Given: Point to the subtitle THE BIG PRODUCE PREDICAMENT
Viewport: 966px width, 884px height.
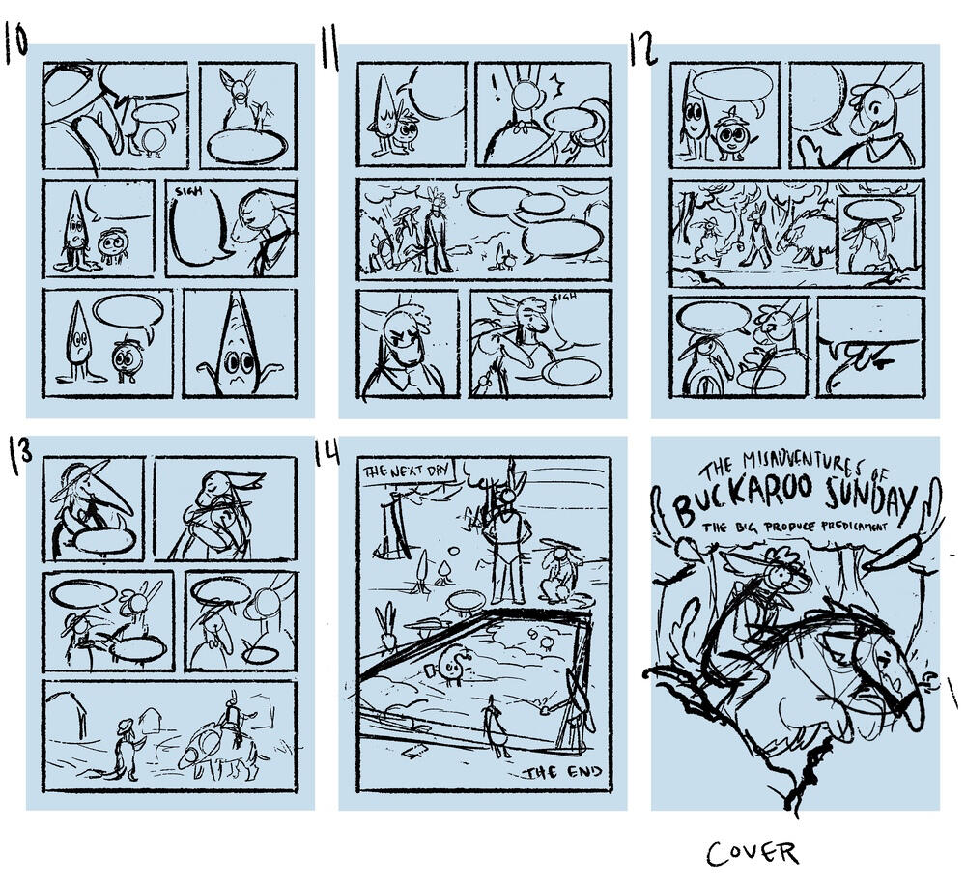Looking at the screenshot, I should (x=794, y=528).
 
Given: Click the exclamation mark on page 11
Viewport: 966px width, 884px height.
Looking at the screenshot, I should (x=496, y=92).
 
